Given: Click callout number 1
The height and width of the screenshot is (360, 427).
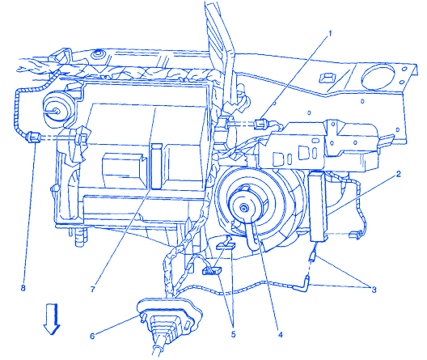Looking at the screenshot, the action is pyautogui.click(x=330, y=34).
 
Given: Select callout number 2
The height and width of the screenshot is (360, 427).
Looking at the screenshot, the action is pyautogui.click(x=398, y=174).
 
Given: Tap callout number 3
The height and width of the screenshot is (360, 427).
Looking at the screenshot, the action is pyautogui.click(x=374, y=290).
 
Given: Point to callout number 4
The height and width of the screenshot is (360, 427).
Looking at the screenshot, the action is pyautogui.click(x=280, y=334).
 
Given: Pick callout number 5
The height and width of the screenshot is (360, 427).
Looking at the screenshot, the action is pyautogui.click(x=234, y=334).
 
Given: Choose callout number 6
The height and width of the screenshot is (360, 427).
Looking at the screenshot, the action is pyautogui.click(x=92, y=336).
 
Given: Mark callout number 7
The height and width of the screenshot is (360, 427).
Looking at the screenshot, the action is pyautogui.click(x=92, y=289).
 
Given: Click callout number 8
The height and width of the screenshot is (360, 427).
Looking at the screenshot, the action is pyautogui.click(x=23, y=288).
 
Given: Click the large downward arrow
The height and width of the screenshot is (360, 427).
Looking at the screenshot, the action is pyautogui.click(x=52, y=319).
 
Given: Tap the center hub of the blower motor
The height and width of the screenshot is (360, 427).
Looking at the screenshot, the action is pyautogui.click(x=243, y=209).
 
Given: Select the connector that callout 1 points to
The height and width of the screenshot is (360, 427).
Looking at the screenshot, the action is pyautogui.click(x=260, y=124).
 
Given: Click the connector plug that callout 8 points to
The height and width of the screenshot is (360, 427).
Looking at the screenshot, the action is pyautogui.click(x=33, y=137).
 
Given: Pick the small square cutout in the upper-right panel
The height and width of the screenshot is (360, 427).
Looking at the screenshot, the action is pyautogui.click(x=325, y=78).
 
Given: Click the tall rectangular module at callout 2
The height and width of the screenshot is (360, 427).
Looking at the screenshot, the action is pyautogui.click(x=319, y=206).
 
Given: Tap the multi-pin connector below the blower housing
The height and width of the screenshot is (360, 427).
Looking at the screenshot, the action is pyautogui.click(x=212, y=271).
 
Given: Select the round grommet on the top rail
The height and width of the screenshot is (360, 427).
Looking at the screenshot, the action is pyautogui.click(x=97, y=55).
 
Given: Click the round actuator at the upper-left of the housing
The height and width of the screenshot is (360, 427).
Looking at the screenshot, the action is pyautogui.click(x=57, y=111).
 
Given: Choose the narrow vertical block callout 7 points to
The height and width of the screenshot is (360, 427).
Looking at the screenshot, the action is pyautogui.click(x=157, y=166).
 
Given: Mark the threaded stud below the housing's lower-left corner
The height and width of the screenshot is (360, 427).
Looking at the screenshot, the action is pyautogui.click(x=81, y=237).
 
